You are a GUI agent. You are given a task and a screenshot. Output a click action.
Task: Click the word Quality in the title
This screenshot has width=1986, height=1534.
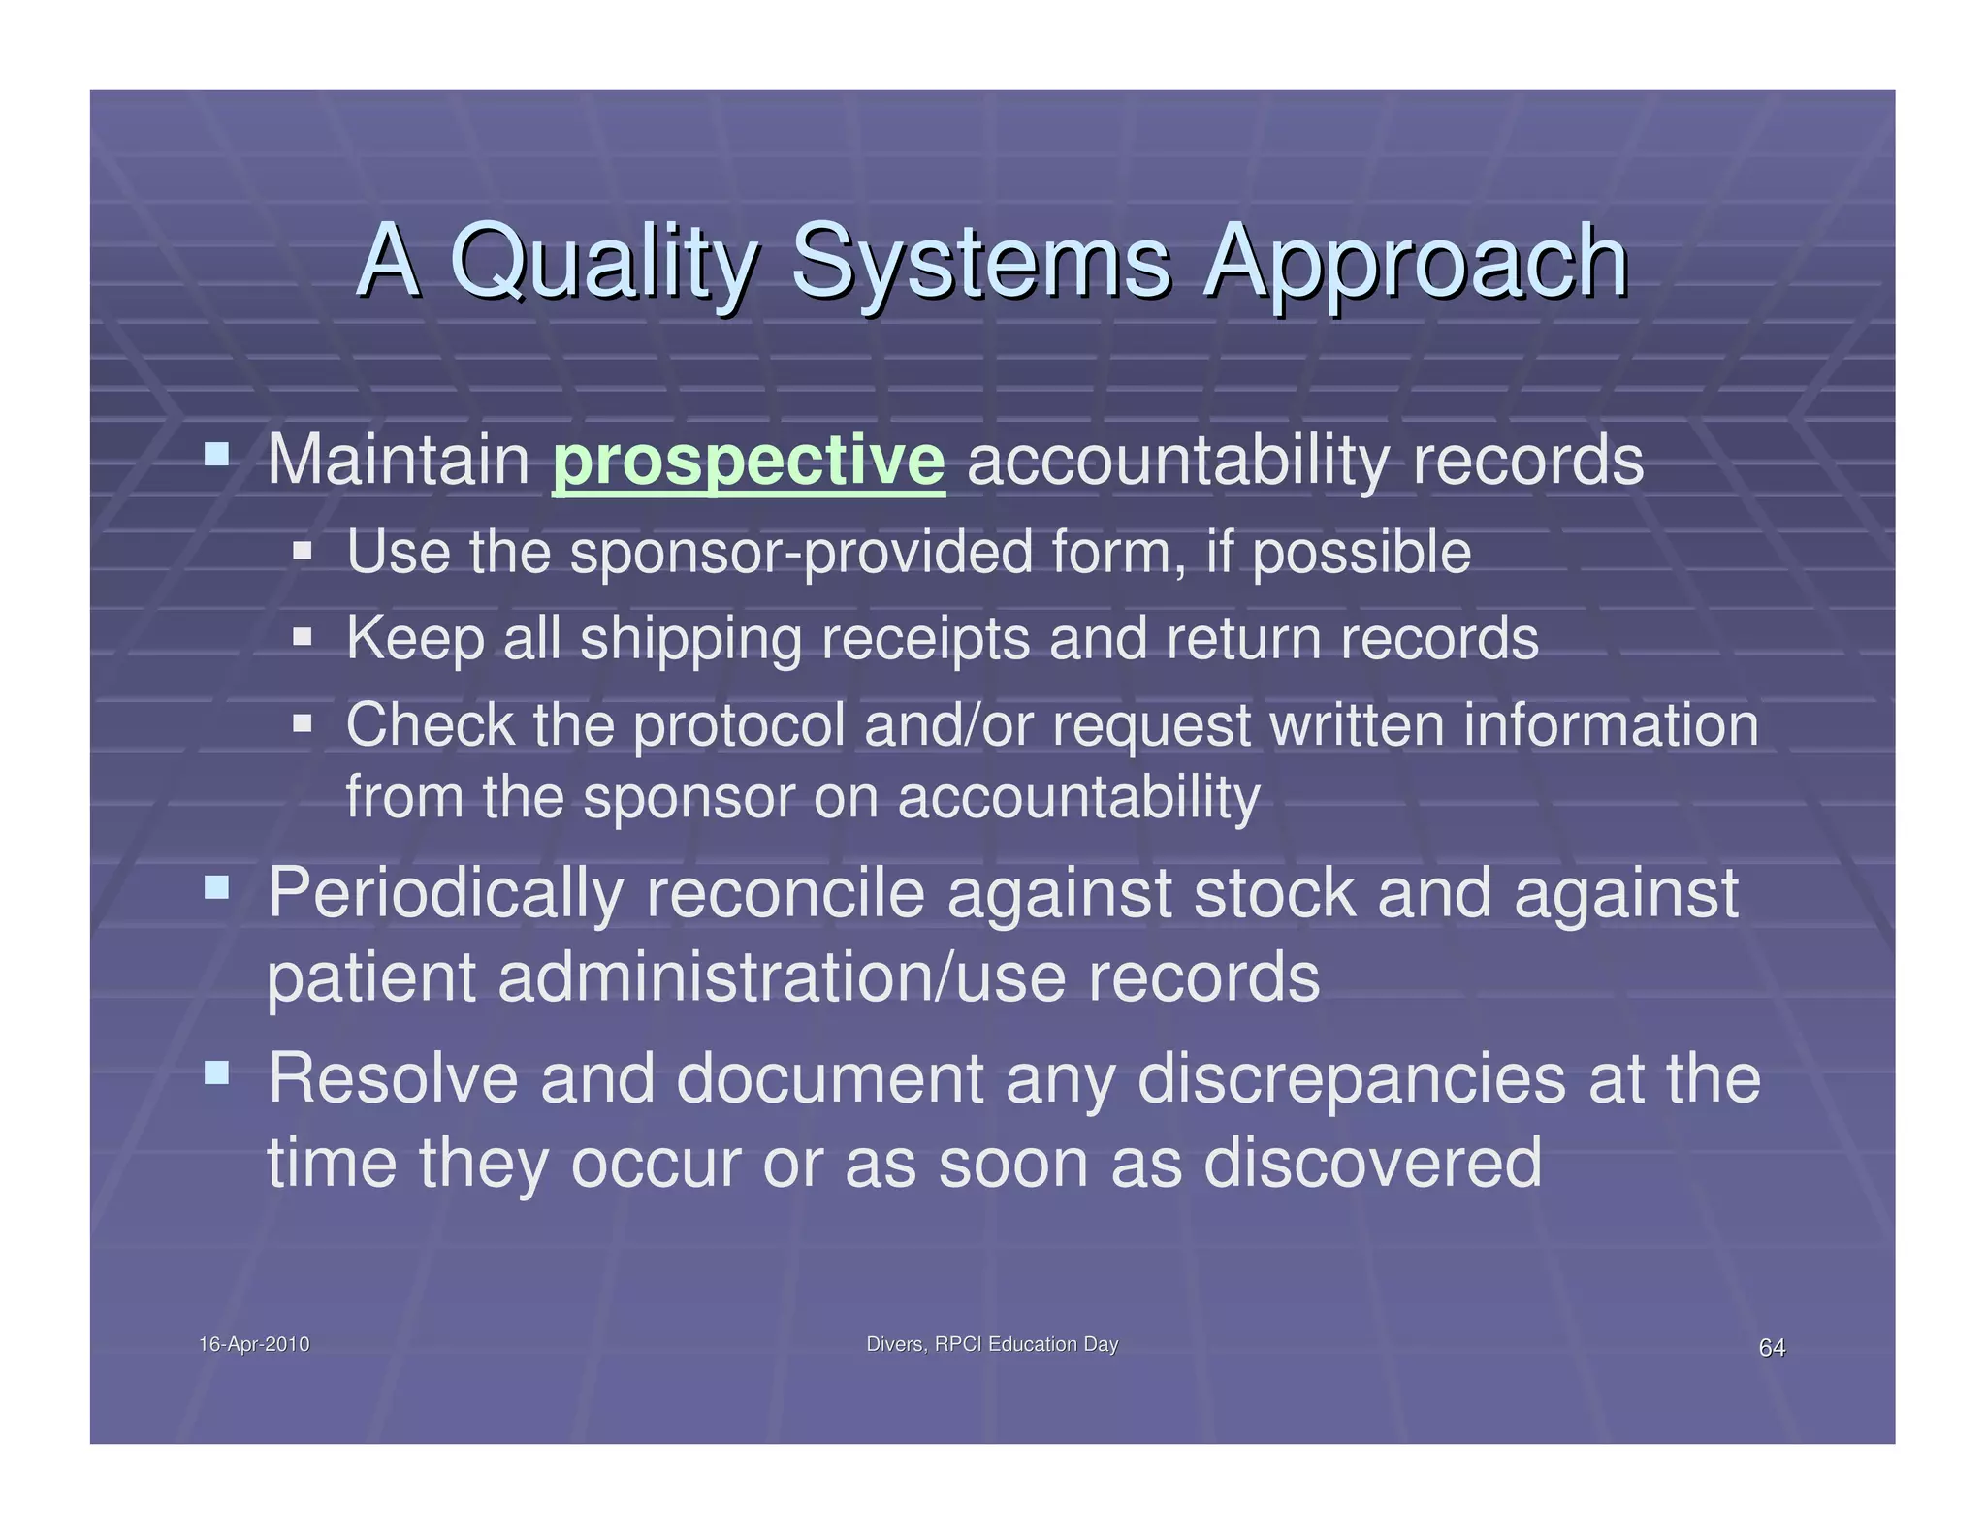(x=601, y=262)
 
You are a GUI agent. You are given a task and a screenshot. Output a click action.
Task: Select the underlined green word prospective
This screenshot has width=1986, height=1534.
(x=748, y=461)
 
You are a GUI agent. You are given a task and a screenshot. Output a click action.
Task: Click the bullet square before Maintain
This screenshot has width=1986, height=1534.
(x=217, y=453)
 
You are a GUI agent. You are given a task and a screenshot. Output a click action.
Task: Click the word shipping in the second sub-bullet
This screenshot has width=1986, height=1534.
(x=689, y=639)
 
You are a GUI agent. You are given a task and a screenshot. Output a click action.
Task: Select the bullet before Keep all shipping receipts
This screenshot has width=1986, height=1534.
(x=303, y=637)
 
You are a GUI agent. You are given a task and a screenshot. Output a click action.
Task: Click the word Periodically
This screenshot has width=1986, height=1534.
(x=444, y=893)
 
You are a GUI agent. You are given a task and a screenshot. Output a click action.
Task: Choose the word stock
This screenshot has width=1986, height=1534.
(x=1273, y=893)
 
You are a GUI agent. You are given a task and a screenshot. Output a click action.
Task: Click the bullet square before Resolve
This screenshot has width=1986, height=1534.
(x=217, y=1072)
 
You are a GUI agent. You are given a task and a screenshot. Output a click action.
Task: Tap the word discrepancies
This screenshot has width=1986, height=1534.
(x=1350, y=1079)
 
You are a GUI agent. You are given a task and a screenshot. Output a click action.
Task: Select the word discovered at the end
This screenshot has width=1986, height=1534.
(x=1371, y=1163)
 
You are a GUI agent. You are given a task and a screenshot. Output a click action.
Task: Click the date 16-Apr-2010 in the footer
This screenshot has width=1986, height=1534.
(x=254, y=1344)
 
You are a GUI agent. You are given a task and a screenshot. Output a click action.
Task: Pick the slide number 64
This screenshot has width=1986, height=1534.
(x=1772, y=1347)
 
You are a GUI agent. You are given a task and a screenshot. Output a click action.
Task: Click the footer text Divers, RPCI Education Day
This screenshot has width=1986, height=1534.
(x=991, y=1344)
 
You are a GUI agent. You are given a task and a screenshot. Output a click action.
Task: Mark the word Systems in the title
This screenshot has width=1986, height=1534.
(x=980, y=262)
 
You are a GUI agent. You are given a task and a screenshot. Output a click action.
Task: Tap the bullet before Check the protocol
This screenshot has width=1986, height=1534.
(x=303, y=723)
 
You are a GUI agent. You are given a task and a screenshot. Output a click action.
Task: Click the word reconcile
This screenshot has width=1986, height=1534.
(x=785, y=893)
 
